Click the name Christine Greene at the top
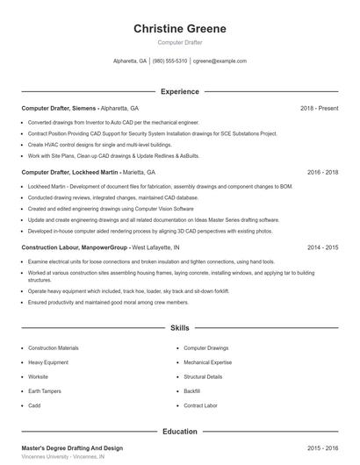click(180, 28)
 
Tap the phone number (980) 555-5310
click(170, 61)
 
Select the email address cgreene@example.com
click(220, 61)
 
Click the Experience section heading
click(180, 91)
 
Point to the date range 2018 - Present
click(319, 108)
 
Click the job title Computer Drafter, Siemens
click(60, 108)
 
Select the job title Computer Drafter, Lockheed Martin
click(71, 173)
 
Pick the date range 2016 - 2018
click(322, 173)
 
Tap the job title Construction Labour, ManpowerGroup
click(75, 248)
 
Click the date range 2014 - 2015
click(322, 248)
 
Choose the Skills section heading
click(180, 328)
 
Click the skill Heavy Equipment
click(48, 362)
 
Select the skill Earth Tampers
click(46, 390)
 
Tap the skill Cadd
click(34, 405)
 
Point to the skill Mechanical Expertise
click(207, 362)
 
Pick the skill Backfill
click(192, 390)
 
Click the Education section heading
click(180, 432)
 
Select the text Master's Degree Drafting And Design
click(72, 448)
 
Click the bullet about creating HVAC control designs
click(99, 144)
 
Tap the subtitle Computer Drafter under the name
click(180, 42)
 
